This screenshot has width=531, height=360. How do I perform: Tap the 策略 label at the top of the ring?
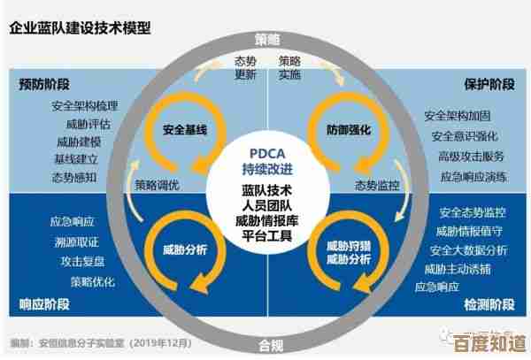tap(266, 40)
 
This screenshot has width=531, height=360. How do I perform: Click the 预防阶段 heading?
tap(44, 85)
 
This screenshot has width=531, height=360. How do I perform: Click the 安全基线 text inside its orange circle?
tap(185, 130)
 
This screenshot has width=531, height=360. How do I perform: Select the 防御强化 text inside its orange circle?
tap(348, 130)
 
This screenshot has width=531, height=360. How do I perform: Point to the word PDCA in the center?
tap(266, 152)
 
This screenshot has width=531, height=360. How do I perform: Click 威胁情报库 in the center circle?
tap(266, 221)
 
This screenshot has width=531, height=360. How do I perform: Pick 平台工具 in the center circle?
tap(266, 237)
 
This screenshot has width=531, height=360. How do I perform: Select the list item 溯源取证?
tap(75, 241)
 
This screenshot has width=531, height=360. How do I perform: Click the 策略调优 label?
tap(157, 185)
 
